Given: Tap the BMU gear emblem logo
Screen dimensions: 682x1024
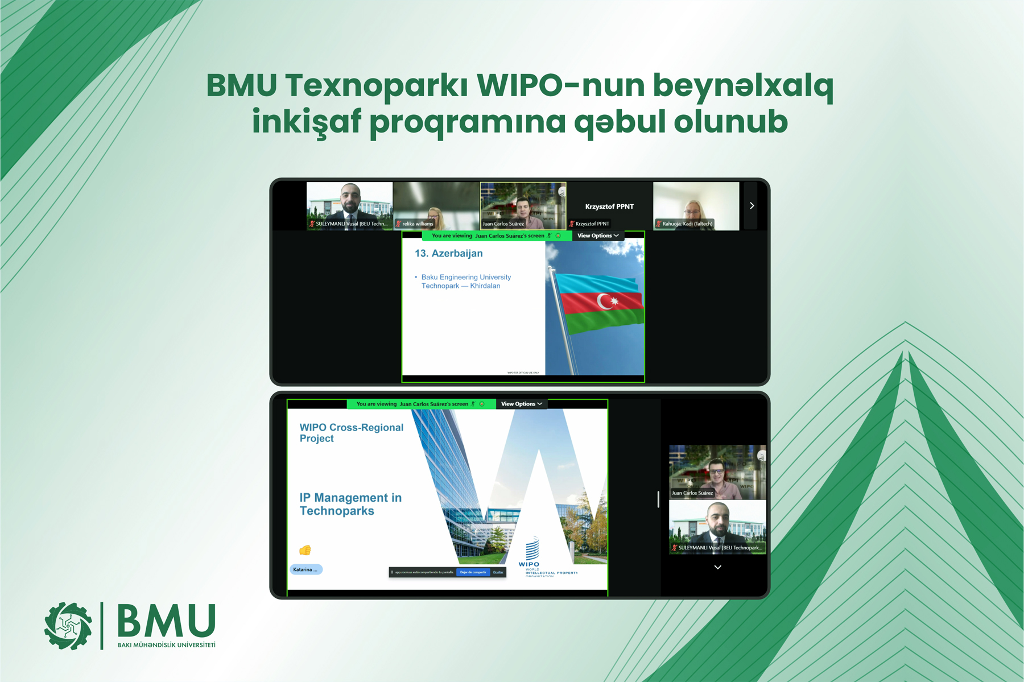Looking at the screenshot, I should tap(68, 626).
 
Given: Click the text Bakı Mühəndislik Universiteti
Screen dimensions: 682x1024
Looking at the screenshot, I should tap(167, 645).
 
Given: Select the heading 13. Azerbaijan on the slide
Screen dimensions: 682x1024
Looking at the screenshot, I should tap(448, 254).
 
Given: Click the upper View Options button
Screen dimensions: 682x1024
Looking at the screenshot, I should tap(597, 236).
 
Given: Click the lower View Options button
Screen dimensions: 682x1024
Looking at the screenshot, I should tap(521, 404).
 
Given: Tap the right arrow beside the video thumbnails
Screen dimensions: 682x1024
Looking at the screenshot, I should tap(752, 206).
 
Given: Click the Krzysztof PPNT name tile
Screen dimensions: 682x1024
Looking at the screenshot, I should tap(609, 206).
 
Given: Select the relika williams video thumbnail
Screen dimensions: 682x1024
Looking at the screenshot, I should tap(436, 206).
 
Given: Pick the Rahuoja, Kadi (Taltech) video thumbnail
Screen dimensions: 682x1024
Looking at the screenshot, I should tap(696, 206).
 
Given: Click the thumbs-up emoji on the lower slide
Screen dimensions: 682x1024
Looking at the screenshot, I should tap(305, 550).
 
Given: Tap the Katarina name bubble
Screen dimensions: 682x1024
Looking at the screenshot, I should tap(306, 569).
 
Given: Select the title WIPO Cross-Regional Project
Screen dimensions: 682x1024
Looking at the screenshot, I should tap(351, 433).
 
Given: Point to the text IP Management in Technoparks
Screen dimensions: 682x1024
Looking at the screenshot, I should tap(350, 505).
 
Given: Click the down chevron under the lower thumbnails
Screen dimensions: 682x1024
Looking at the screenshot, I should tap(717, 567).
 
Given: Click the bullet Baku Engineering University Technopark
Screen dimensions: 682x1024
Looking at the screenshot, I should tap(465, 282).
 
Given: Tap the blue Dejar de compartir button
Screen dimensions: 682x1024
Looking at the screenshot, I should tap(473, 572).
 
